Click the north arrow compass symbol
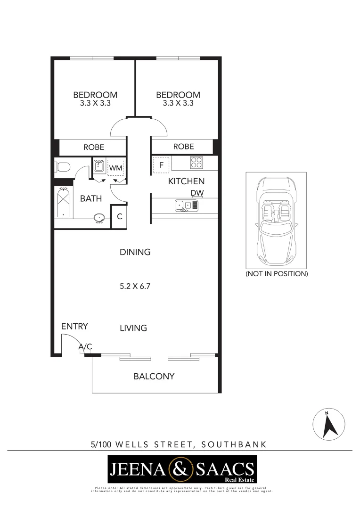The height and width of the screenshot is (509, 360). coord(329,424)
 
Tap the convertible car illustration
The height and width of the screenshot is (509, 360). coord(277,221)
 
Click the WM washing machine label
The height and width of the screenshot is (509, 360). coord(115,168)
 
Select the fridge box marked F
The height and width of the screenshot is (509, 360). coord(161,165)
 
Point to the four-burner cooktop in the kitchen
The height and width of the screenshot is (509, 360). coord(196,163)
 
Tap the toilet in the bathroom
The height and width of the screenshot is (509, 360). coord(62,167)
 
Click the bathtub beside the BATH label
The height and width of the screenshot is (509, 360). coord(63,203)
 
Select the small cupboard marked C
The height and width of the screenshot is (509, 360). coord(120,217)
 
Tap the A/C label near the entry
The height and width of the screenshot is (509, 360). coord(85,347)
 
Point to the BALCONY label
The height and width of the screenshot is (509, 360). coord(154,377)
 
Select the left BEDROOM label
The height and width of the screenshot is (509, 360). coord(95,95)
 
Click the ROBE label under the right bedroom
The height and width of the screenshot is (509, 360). coord(183,147)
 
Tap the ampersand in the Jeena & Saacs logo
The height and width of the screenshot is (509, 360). coord(182,468)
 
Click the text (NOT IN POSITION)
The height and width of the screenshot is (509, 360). coord(277,273)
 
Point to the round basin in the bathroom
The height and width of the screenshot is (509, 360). coord(99,218)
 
